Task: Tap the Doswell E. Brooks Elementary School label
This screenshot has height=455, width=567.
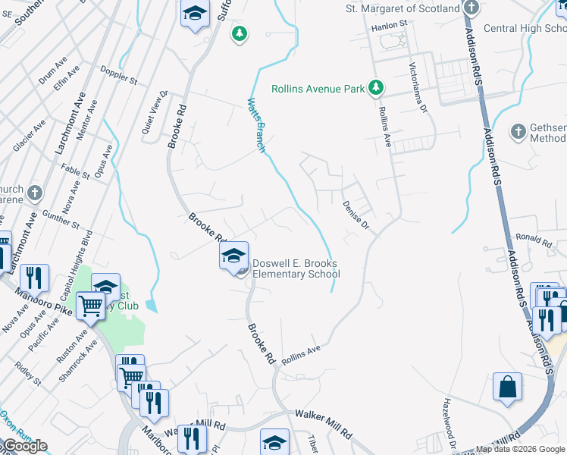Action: click(295, 268)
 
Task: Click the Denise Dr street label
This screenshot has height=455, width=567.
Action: click(355, 215)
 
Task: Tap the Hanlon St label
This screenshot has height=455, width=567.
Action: click(389, 25)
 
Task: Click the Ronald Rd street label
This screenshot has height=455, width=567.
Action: click(534, 240)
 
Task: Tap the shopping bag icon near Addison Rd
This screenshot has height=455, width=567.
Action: click(507, 386)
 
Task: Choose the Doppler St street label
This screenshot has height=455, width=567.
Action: click(120, 78)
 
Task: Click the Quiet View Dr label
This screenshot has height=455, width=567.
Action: click(154, 113)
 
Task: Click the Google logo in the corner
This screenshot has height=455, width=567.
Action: click(25, 446)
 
